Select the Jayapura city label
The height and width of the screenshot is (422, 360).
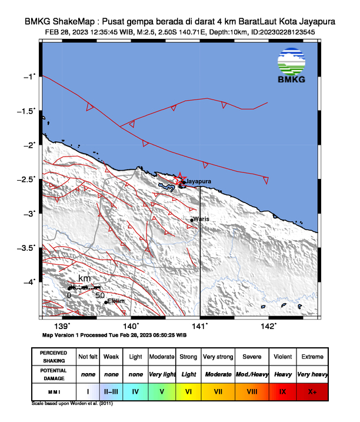(198, 181)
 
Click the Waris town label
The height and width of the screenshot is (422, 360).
(201, 219)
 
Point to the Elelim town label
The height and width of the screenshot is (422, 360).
(116, 301)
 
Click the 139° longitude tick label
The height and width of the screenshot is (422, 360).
(62, 326)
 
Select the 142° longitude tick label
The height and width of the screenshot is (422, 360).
(268, 326)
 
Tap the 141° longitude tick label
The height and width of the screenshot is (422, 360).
(200, 326)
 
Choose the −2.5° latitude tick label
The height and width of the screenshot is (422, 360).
(27, 179)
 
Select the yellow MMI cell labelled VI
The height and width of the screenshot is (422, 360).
(188, 391)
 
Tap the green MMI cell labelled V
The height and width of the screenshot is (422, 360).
(162, 391)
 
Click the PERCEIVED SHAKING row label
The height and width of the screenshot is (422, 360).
(54, 357)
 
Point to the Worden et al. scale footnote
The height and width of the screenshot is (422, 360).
(72, 404)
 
